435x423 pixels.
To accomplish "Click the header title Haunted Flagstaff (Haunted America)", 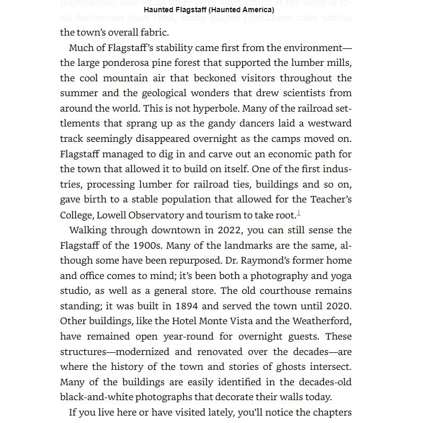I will pyautogui.click(x=209, y=10).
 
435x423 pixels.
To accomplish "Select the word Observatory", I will pyautogui.click(x=158, y=215).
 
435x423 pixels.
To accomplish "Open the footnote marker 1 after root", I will pyautogui.click(x=299, y=213).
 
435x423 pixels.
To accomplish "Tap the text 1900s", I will pyautogui.click(x=145, y=246).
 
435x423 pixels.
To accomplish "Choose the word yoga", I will pyautogui.click(x=340, y=276).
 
